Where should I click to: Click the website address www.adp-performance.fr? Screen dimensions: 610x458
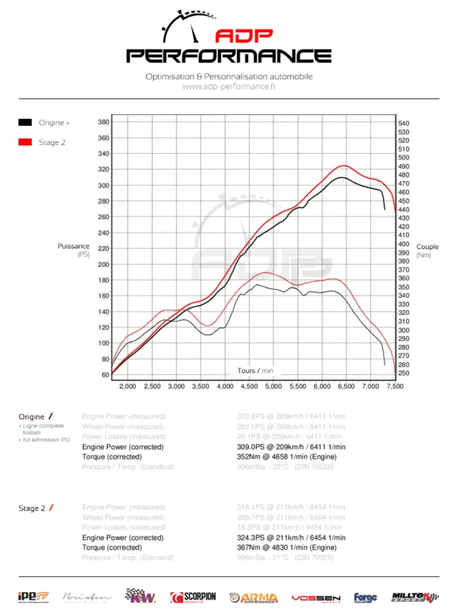(228, 87)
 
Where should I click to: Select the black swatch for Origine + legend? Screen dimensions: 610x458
(25, 123)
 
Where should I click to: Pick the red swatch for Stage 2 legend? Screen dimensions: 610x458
(25, 142)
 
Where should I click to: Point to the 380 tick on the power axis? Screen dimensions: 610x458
(103, 122)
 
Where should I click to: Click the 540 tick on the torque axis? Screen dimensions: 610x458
(404, 123)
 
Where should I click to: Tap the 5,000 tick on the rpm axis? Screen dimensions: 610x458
(273, 387)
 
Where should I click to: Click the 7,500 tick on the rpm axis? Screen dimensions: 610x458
(394, 387)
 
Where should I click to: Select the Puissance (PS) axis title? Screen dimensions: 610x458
(74, 250)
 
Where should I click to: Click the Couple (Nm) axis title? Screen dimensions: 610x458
(427, 251)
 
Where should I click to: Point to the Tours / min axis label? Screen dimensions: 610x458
(255, 371)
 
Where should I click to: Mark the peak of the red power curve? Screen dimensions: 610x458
(343, 166)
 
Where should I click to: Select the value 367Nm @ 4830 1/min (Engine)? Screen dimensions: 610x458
(287, 547)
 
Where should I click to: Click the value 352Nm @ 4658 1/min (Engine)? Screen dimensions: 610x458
(287, 457)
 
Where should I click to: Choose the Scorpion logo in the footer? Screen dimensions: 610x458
(193, 597)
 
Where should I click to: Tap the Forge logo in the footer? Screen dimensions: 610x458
(365, 597)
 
